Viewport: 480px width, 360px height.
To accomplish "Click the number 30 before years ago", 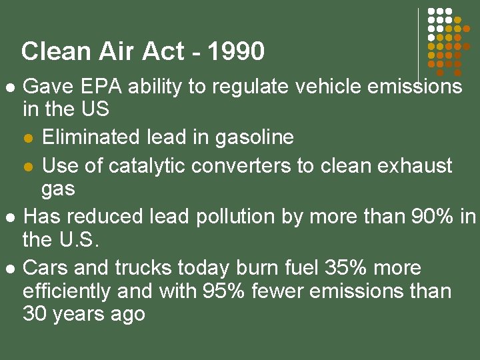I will coord(33,314).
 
